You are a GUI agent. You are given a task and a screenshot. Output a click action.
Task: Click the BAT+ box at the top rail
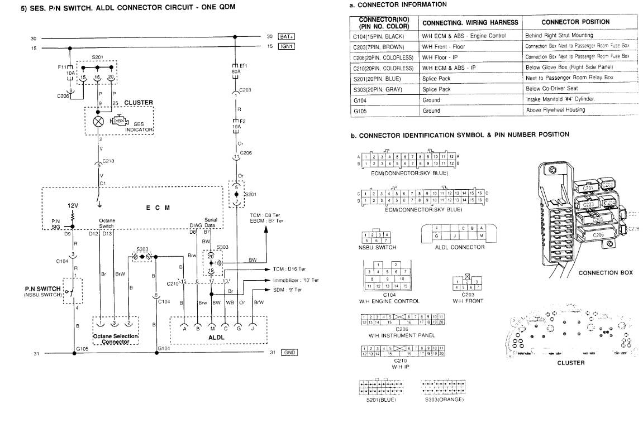coord(285,37)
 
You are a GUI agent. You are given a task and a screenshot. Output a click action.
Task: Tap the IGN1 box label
coord(285,46)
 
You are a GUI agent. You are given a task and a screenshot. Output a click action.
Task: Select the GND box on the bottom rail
coord(289,353)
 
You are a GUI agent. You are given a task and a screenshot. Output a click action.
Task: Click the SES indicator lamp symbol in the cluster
coord(99,121)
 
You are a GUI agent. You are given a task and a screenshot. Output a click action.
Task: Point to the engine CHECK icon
coord(118,121)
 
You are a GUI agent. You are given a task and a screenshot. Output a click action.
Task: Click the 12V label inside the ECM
coord(73,205)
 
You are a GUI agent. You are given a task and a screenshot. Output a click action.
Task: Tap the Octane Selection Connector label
coord(115,338)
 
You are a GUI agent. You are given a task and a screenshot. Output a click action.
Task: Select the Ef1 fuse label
coord(244,65)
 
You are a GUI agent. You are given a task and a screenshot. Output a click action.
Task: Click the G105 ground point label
coord(83,348)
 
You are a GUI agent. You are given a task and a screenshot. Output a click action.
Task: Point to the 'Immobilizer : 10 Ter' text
coord(296,280)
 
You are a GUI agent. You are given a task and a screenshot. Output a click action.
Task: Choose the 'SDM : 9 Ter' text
coord(286,290)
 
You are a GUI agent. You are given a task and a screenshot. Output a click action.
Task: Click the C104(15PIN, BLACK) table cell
coord(378,36)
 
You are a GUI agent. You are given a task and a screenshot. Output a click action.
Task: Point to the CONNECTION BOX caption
coord(605,273)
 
